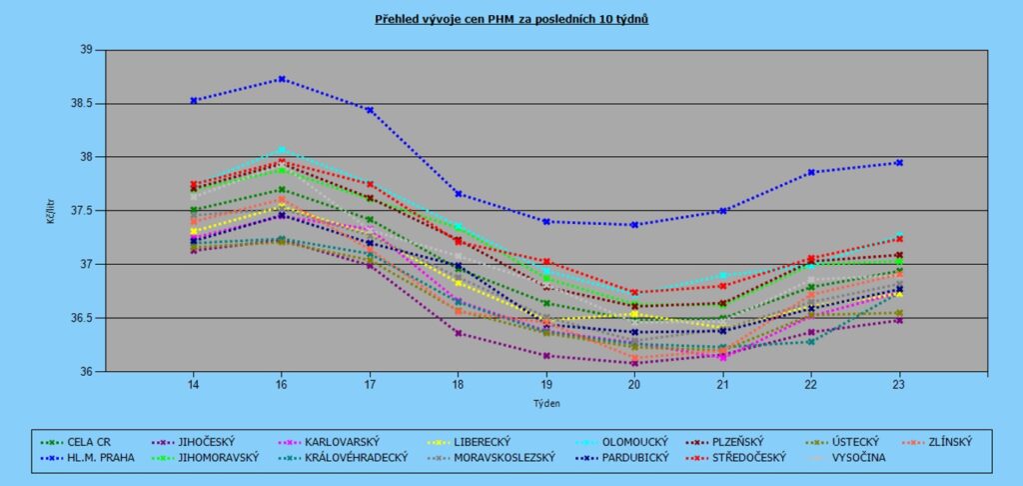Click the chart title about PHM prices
click(511, 18)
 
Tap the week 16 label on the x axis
click(282, 385)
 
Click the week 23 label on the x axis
click(899, 385)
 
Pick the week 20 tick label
click(634, 385)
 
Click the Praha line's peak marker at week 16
click(282, 79)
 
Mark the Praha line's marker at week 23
click(899, 163)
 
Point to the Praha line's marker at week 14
click(193, 100)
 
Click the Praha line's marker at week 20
click(634, 225)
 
